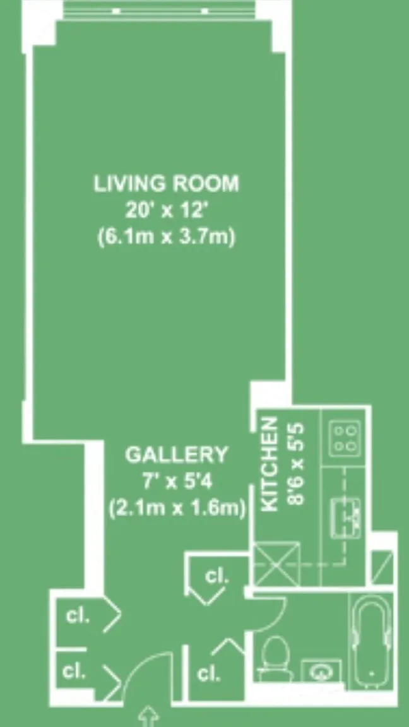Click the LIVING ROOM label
point(167,184)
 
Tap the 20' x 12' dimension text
point(165,211)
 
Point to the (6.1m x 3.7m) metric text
point(167,237)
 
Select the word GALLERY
point(177,455)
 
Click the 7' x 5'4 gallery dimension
point(177,482)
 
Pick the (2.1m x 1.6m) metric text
point(177,509)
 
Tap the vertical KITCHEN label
point(270,464)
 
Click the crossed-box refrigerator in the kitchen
point(278,564)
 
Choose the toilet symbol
point(275,659)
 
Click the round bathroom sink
point(321,672)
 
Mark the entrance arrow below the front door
point(149,717)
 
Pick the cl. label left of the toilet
point(209,674)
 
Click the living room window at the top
point(159,10)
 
